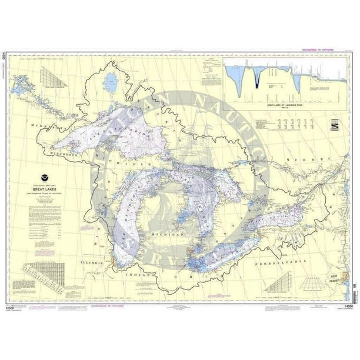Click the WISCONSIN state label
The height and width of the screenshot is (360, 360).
[x=63, y=154]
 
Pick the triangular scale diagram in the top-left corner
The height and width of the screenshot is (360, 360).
[x=46, y=76]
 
